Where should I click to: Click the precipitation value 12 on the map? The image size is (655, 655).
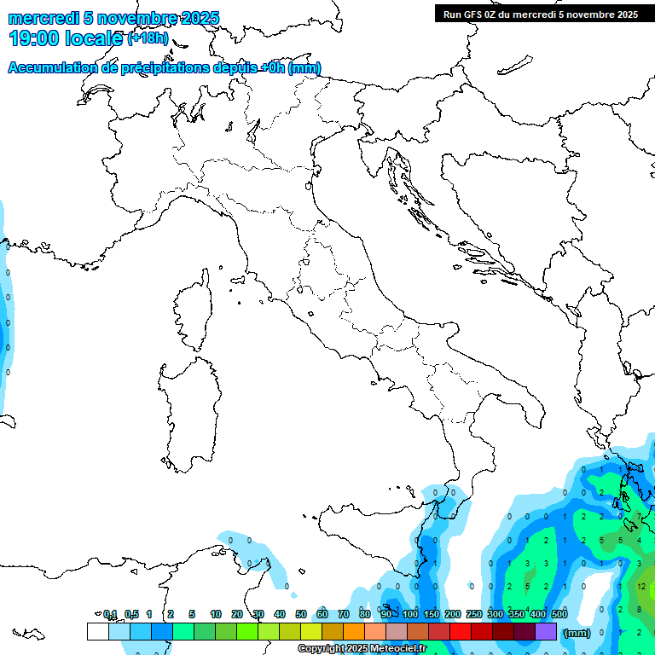[641, 587]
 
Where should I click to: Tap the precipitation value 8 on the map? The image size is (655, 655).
[641, 609]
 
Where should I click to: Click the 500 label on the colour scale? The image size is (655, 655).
[559, 614]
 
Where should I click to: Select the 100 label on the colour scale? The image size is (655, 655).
[410, 614]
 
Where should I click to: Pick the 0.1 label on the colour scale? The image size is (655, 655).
[110, 614]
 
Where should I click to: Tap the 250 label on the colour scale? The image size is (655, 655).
[474, 614]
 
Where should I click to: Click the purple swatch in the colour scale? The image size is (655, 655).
[546, 631]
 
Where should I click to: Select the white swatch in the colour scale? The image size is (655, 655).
[98, 631]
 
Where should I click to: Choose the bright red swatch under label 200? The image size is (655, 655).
[461, 631]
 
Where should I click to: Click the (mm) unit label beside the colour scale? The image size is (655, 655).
[577, 633]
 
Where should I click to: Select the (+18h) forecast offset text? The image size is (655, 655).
[148, 38]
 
